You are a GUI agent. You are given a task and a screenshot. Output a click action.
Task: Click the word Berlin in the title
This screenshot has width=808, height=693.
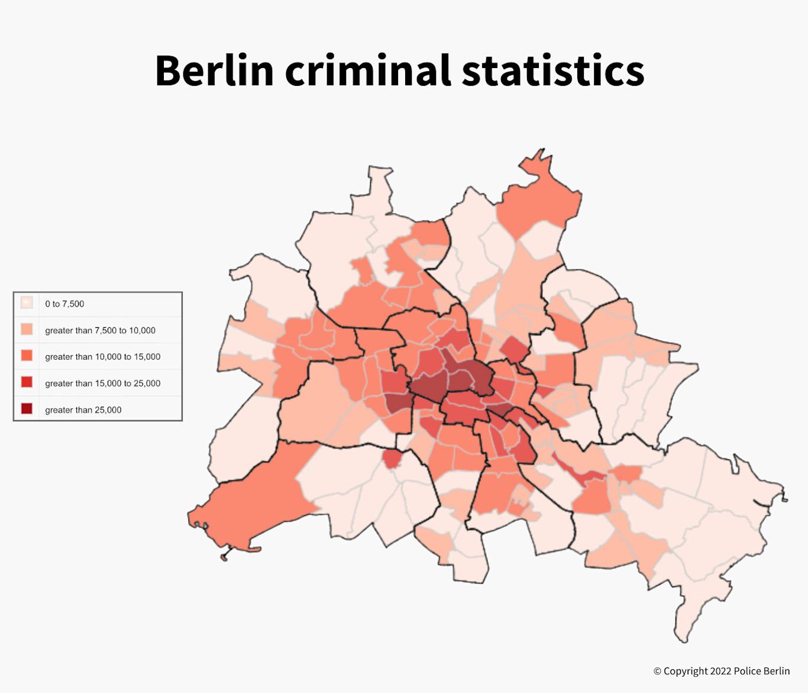214,70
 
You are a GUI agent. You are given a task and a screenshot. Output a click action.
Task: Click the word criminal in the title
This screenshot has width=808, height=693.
367,70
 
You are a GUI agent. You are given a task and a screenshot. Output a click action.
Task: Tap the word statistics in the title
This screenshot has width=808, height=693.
552,70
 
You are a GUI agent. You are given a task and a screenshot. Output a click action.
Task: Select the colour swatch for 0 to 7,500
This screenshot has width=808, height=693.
27,303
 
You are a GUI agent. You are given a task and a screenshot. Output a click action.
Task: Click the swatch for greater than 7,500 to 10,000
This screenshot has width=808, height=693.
27,330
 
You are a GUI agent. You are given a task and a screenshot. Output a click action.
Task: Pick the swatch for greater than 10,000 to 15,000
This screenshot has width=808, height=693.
27,356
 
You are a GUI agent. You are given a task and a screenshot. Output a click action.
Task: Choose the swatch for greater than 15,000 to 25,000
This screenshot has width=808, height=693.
27,382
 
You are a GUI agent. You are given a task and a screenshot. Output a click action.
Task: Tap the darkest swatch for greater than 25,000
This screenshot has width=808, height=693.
27,409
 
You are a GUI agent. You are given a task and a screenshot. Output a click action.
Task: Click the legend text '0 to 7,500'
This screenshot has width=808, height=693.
64,304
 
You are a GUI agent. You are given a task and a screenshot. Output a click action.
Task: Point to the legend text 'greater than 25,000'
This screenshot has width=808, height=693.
83,410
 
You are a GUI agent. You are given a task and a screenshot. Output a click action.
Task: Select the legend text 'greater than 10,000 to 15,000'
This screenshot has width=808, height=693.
103,356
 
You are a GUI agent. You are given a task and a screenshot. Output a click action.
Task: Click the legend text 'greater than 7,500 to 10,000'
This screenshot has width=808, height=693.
101,330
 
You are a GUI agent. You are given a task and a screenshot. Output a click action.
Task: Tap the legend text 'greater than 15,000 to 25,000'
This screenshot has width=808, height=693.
103,383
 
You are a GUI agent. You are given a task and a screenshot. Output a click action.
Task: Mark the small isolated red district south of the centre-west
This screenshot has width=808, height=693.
392,459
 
